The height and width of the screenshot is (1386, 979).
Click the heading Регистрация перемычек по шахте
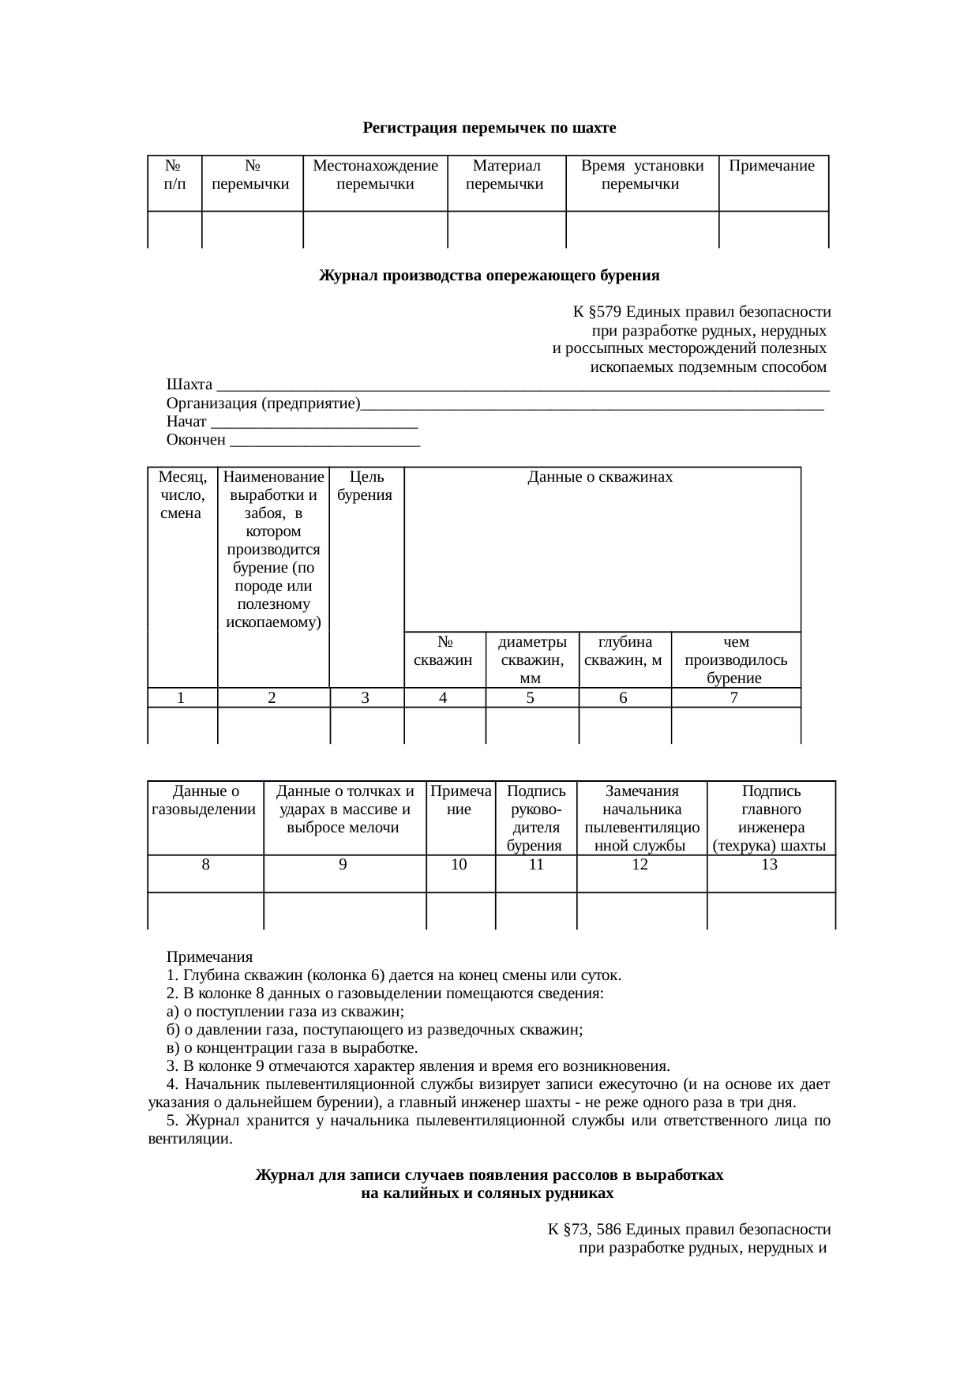tap(489, 128)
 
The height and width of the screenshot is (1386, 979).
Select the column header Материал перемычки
tap(505, 175)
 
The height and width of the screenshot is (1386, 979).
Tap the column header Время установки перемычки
tap(642, 175)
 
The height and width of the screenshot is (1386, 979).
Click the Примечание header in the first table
tap(771, 166)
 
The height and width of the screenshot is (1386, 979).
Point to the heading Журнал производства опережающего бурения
tap(489, 276)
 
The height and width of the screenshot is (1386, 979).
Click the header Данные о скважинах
tap(600, 477)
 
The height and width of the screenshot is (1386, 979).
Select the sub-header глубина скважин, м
tap(624, 651)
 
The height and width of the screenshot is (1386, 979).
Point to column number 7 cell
tap(734, 697)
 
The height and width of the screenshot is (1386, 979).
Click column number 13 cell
tap(770, 865)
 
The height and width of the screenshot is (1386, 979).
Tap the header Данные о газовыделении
tap(205, 800)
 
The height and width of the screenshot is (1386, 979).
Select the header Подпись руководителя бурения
tap(536, 818)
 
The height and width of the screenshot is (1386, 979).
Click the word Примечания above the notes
tap(210, 956)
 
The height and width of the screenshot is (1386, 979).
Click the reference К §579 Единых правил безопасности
tap(701, 313)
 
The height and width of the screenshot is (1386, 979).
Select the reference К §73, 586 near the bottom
tap(688, 1230)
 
